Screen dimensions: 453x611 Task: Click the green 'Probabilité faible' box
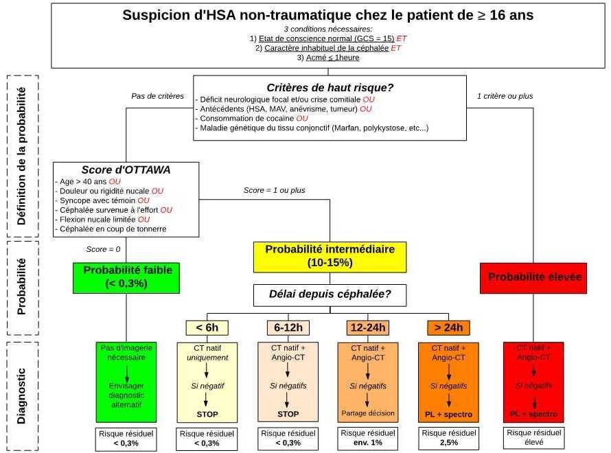pos(128,277)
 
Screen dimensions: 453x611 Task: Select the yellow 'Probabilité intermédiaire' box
pos(330,256)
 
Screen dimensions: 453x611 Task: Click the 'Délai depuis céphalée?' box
pos(330,296)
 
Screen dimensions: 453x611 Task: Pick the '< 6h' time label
pos(207,327)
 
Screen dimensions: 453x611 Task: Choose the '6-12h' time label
pos(288,327)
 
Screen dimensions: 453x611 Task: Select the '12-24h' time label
pos(368,327)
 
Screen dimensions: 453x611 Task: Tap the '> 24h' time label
pos(448,327)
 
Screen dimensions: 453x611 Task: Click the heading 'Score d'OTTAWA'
pos(126,170)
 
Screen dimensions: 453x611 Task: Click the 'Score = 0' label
pos(104,248)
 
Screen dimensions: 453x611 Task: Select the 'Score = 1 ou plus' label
pos(275,190)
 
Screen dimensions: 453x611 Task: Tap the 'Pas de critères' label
pos(158,96)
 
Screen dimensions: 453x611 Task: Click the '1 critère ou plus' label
pos(505,96)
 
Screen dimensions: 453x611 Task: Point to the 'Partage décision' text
pos(368,413)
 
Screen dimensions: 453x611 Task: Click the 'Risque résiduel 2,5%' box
pos(448,437)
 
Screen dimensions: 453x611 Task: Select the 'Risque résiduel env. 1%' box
pos(368,437)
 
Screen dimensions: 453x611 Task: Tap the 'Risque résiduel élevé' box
pos(533,437)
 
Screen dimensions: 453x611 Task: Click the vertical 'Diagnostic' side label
pos(21,397)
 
